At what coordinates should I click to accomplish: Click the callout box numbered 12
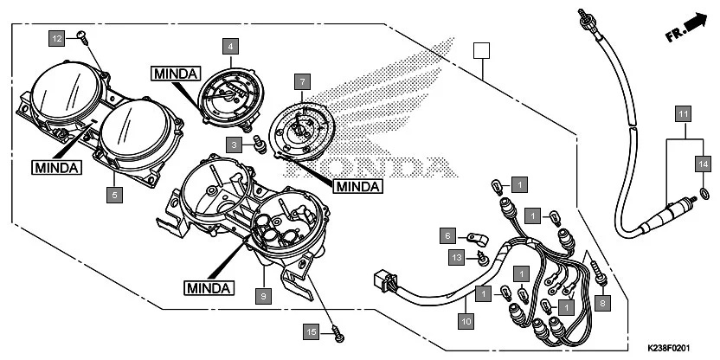click(56, 39)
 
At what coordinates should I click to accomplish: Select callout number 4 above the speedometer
click(230, 45)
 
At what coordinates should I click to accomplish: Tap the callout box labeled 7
click(301, 82)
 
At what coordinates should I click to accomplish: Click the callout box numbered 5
click(114, 196)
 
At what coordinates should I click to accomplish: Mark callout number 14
click(703, 162)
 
